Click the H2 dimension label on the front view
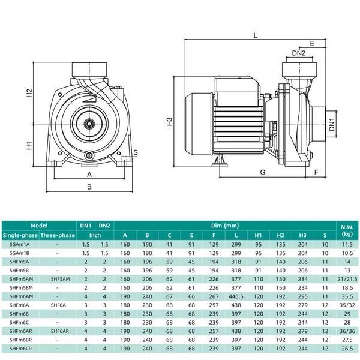click(29, 93)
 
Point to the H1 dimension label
click(29, 146)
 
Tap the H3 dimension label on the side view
click(169, 121)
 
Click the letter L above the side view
click(256, 35)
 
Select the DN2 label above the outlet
click(299, 53)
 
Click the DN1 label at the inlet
click(332, 124)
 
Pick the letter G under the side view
click(263, 172)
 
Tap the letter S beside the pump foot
click(136, 152)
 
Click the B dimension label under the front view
click(89, 187)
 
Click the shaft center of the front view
click(89, 124)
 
